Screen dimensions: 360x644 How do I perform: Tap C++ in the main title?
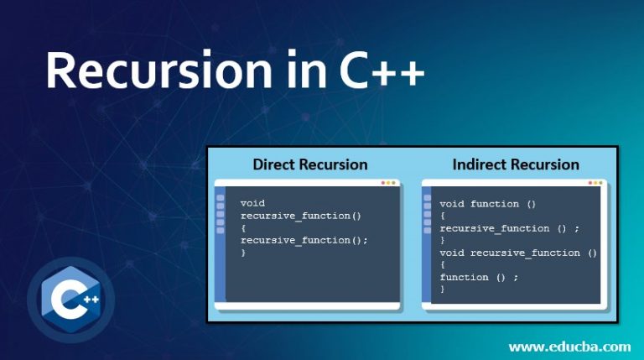tap(382, 70)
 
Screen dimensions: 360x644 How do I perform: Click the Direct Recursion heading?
tap(310, 164)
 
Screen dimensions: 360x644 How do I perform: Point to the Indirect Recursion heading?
tap(516, 164)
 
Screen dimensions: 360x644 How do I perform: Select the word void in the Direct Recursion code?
tap(252, 203)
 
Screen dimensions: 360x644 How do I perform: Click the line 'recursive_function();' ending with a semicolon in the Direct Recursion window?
tap(304, 240)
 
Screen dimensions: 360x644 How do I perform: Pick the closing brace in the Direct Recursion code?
tap(243, 253)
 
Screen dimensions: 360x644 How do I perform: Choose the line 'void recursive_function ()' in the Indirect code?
tap(518, 253)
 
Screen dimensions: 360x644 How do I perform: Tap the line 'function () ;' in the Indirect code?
tap(479, 277)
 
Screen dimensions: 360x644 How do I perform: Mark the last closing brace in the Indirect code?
tap(443, 289)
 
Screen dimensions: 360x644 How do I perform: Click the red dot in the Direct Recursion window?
tap(383, 182)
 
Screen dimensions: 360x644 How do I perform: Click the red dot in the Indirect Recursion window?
tap(590, 182)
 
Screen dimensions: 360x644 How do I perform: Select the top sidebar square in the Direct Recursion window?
tap(221, 199)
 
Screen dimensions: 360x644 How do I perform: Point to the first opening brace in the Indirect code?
tap(443, 216)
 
